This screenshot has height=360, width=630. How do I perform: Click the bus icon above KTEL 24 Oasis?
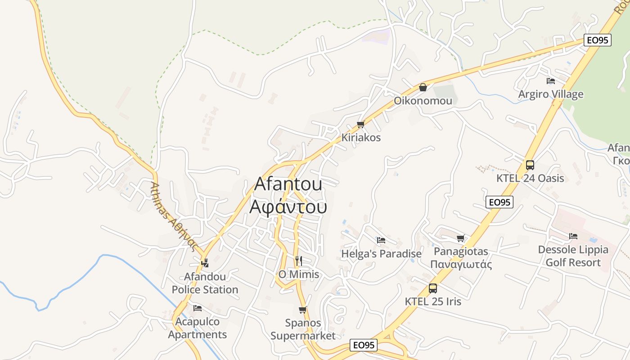[x=530, y=165]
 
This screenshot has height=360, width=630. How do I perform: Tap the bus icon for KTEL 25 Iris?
[x=433, y=288]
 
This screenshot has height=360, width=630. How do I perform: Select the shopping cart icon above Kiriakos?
[x=360, y=125]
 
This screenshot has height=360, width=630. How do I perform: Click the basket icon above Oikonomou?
[x=423, y=87]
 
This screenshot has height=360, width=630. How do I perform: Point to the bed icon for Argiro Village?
[x=550, y=81]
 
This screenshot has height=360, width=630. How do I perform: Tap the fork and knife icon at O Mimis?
[x=298, y=261]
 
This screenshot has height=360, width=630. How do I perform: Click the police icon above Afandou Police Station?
[x=205, y=263]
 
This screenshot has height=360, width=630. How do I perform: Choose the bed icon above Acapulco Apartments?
[x=197, y=308]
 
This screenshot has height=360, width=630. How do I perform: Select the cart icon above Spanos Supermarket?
[x=302, y=310]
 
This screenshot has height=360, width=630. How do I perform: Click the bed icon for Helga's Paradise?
[x=381, y=240]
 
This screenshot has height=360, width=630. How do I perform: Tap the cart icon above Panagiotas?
[x=460, y=238]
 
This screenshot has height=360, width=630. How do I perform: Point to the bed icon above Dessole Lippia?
[x=573, y=236]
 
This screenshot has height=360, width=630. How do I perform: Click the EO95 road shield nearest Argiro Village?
[x=598, y=40]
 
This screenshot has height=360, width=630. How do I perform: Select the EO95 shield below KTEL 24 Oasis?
[x=499, y=202]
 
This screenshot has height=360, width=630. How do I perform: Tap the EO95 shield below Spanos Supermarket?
[x=364, y=345]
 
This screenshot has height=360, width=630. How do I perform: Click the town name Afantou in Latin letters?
[x=288, y=184]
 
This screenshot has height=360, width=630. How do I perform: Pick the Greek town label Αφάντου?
[x=288, y=207]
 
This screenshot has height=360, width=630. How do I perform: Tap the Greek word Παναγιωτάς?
[x=461, y=264]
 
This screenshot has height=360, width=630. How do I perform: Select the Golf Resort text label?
[x=573, y=262]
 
